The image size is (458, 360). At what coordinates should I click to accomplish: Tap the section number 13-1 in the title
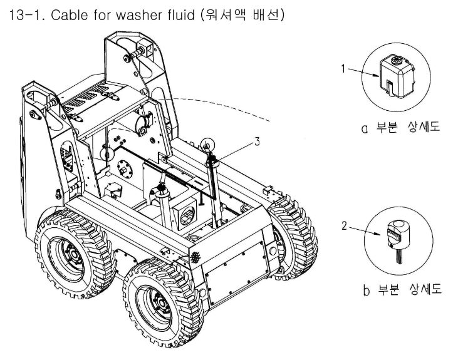click(x=26, y=15)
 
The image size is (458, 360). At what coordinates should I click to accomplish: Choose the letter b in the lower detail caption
click(x=367, y=290)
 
